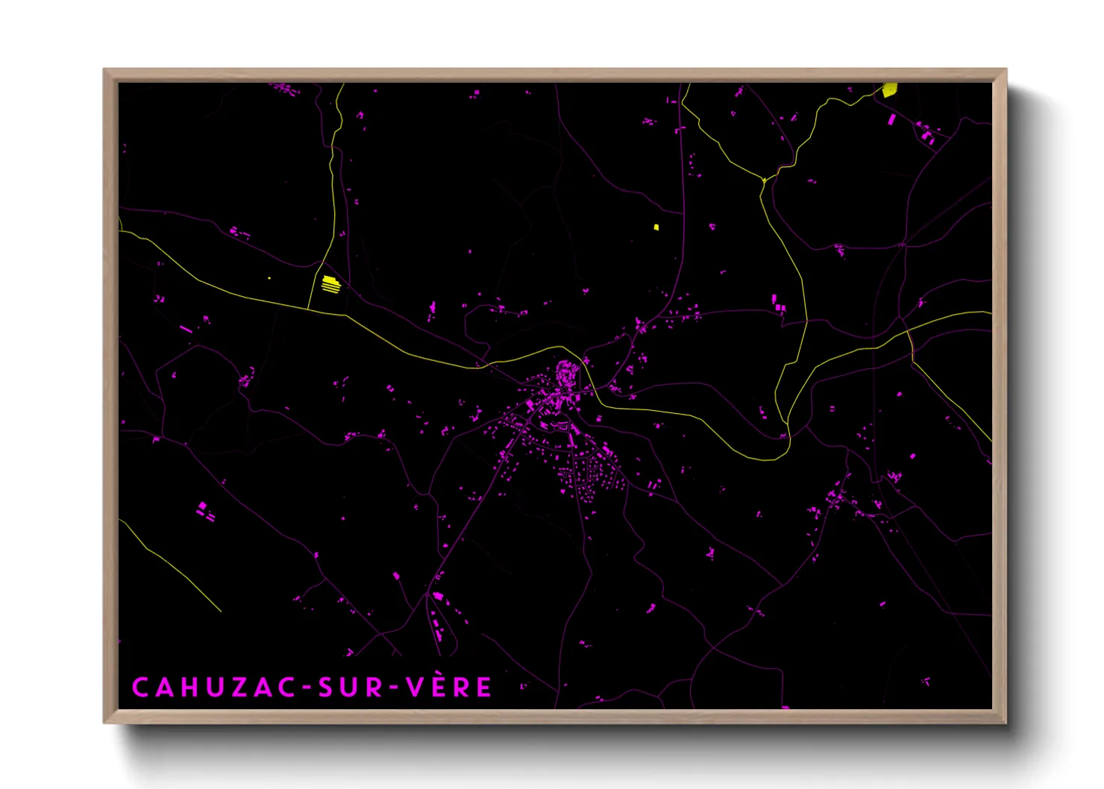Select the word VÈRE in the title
(449, 686)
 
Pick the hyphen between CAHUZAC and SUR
(305, 688)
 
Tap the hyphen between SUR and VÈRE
(395, 688)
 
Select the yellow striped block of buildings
(330, 283)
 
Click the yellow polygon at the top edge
(889, 90)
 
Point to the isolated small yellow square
(656, 227)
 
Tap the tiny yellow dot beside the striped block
(269, 279)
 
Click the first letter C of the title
(140, 688)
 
